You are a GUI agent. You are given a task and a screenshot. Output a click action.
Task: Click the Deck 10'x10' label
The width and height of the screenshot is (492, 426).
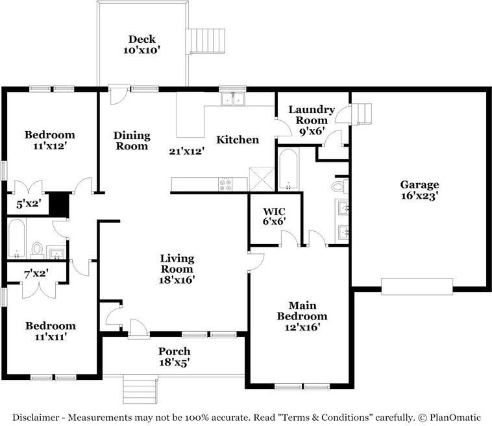coord(142,45)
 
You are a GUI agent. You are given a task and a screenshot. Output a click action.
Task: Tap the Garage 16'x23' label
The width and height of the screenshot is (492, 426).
coord(419,190)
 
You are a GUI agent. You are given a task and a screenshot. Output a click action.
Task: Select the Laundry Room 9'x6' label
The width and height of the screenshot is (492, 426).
coord(312,120)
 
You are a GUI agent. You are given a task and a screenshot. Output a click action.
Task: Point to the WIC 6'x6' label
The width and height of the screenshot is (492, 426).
coord(274,216)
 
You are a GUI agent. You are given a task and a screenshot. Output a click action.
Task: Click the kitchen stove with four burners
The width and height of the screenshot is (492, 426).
coord(225,184)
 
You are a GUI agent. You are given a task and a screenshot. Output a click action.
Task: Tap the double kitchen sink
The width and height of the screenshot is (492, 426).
coord(233,99)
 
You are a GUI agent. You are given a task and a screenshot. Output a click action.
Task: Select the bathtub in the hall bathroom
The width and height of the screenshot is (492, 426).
coord(16,238)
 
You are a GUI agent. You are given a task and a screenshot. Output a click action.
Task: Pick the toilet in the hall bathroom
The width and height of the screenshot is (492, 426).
coord(37,250)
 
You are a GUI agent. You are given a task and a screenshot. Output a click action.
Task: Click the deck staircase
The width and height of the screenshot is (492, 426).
coord(206,41)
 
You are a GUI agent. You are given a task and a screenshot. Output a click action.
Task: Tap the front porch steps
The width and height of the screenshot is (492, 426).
coord(140,389)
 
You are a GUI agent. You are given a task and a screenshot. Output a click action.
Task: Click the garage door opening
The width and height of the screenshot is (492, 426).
coord(417,286)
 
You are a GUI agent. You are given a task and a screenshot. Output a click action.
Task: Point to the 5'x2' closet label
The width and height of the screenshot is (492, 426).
coord(29,204)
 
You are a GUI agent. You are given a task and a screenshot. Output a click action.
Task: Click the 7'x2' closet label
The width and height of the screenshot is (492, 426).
coord(36,274)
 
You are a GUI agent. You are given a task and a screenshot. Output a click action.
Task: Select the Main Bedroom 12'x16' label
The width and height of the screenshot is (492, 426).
coord(302,316)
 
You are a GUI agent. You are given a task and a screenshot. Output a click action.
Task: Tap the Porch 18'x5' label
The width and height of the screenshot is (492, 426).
coord(174,357)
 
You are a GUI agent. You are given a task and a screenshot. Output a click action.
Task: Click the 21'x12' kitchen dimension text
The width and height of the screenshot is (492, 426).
coord(187,151)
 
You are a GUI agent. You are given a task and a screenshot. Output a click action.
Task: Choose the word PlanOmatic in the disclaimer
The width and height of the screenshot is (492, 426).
coord(455,418)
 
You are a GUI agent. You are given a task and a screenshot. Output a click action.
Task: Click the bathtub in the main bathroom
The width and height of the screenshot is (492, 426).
coord(288,170)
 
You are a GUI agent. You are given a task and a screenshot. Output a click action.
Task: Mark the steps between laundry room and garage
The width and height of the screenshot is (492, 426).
coord(361,114)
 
